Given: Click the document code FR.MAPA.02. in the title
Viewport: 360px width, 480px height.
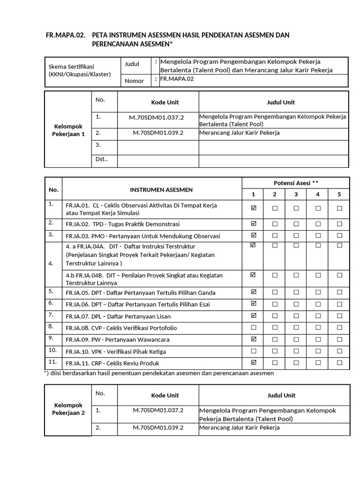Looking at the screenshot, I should [x=65, y=35].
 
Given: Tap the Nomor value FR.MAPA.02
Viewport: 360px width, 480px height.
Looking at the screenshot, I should [x=177, y=79].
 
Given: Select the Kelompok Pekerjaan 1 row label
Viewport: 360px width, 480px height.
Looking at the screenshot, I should [x=68, y=130].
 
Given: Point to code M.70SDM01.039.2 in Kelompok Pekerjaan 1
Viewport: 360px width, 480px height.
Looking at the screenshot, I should [x=158, y=133].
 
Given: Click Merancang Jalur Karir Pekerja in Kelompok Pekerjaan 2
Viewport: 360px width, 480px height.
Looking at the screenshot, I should [x=240, y=427].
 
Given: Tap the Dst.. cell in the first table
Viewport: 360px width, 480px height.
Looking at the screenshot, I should [x=102, y=159].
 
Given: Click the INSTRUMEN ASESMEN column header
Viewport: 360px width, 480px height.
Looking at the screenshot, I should [x=151, y=190].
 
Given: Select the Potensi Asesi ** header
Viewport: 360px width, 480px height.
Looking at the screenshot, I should [x=296, y=182].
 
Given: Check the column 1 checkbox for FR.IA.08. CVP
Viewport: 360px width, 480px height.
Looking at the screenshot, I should [x=254, y=328].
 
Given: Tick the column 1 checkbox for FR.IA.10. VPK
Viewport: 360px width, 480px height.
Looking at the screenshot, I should [x=254, y=351].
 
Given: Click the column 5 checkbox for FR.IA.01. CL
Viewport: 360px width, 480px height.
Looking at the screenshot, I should [x=339, y=208].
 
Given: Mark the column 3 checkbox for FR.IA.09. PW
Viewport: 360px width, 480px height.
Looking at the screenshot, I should [x=296, y=339].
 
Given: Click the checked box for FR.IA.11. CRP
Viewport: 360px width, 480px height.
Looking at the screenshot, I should [x=254, y=362].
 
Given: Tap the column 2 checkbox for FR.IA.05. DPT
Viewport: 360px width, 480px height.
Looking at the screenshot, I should [x=275, y=292].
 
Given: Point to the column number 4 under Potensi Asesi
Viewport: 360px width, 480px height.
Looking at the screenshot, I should [x=318, y=195].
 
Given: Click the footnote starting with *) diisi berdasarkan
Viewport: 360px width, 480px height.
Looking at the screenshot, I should [x=158, y=374].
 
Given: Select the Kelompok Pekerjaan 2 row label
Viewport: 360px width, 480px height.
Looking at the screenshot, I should [x=68, y=409].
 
